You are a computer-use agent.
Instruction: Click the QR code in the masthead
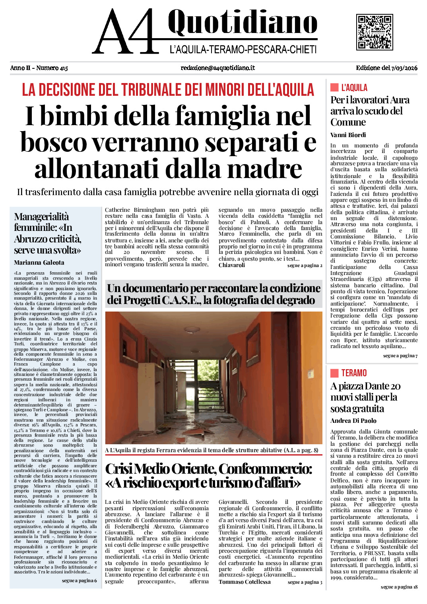[x=374, y=32]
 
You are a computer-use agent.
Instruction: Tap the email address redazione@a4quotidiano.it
[x=217, y=68]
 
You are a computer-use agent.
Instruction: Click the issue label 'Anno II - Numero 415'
[x=39, y=68]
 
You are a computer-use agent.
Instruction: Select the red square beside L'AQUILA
[x=334, y=87]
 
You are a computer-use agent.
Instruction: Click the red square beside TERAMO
[x=334, y=373]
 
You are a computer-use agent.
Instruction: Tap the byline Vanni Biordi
[x=348, y=135]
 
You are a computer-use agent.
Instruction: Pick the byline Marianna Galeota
[x=39, y=263]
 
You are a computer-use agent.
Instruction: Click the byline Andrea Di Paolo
[x=353, y=421]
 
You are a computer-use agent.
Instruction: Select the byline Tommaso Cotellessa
[x=245, y=582]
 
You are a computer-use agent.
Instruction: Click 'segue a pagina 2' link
[x=305, y=265]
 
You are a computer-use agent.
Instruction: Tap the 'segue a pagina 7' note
[x=400, y=356]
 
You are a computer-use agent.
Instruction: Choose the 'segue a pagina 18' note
[x=399, y=587]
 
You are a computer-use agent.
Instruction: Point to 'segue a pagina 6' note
[x=79, y=581]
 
